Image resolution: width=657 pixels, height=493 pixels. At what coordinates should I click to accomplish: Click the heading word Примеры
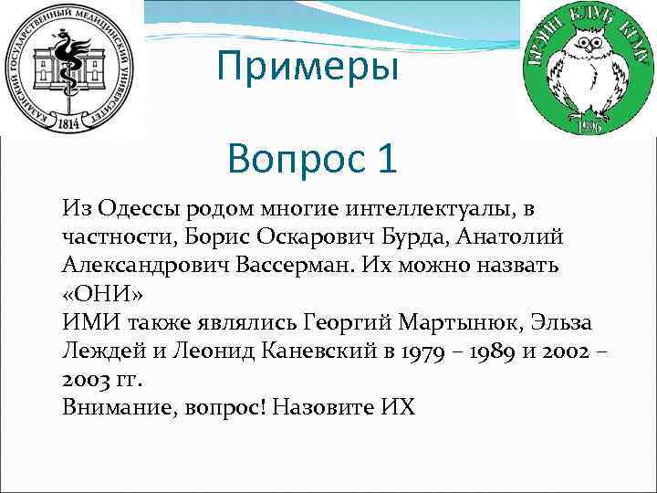[308, 67]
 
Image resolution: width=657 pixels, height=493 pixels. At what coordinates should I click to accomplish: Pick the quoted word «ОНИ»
[104, 295]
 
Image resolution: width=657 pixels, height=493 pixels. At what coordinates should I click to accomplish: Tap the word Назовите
[324, 408]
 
